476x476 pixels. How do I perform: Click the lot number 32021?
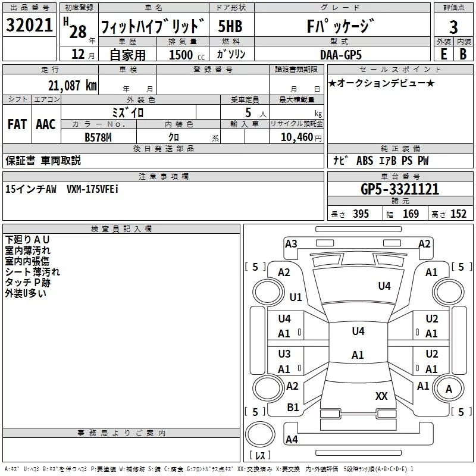click(29, 25)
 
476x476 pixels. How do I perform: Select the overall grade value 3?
click(453, 27)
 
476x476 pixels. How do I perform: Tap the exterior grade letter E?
click(443, 54)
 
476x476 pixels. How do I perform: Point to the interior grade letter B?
click(463, 54)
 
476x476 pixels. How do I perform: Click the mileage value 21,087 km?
click(72, 86)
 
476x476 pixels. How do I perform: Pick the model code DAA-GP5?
click(341, 55)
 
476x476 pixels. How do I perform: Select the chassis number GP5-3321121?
click(400, 189)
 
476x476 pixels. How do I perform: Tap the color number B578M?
click(98, 137)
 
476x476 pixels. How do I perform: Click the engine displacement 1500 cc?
click(187, 55)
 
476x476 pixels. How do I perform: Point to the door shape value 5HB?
click(230, 26)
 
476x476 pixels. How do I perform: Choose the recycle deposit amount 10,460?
click(297, 137)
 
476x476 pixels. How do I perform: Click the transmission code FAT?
click(17, 124)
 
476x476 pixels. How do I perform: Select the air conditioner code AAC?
click(46, 124)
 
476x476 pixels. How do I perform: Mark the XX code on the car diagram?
click(381, 396)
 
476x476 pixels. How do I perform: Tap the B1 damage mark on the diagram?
click(293, 408)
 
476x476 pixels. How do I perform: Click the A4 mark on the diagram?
click(292, 439)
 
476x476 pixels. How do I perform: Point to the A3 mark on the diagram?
click(291, 244)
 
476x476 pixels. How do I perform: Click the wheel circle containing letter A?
click(449, 389)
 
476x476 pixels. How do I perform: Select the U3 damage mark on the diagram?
click(284, 354)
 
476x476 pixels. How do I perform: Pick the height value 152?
click(458, 214)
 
